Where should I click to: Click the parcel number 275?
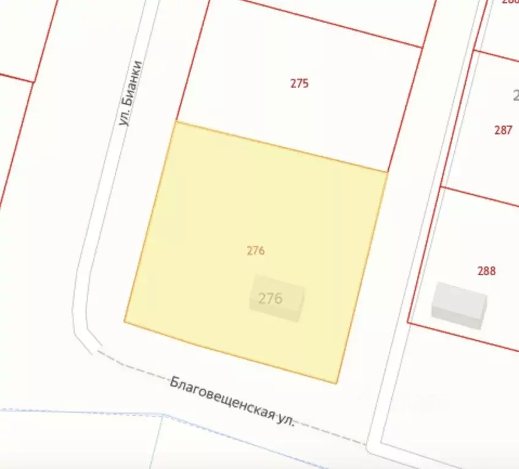pos(299,84)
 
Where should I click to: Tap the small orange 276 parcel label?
pos(256,251)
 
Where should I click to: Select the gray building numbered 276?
pos(277,301)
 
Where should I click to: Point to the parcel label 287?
pos(502,130)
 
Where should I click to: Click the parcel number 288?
pos(486,271)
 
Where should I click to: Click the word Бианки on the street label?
pos(133,83)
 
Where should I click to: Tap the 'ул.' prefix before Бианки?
pos(125,117)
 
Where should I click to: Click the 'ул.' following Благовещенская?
pos(285,419)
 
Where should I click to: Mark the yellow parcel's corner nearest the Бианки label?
pos(176,122)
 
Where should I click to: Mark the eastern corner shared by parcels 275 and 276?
pos(388,172)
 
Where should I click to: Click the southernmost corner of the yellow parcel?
pos(337,383)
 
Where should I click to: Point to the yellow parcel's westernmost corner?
pos(125,320)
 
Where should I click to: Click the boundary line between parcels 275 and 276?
pos(281,147)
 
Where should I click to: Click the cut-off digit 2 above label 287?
pos(515,95)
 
